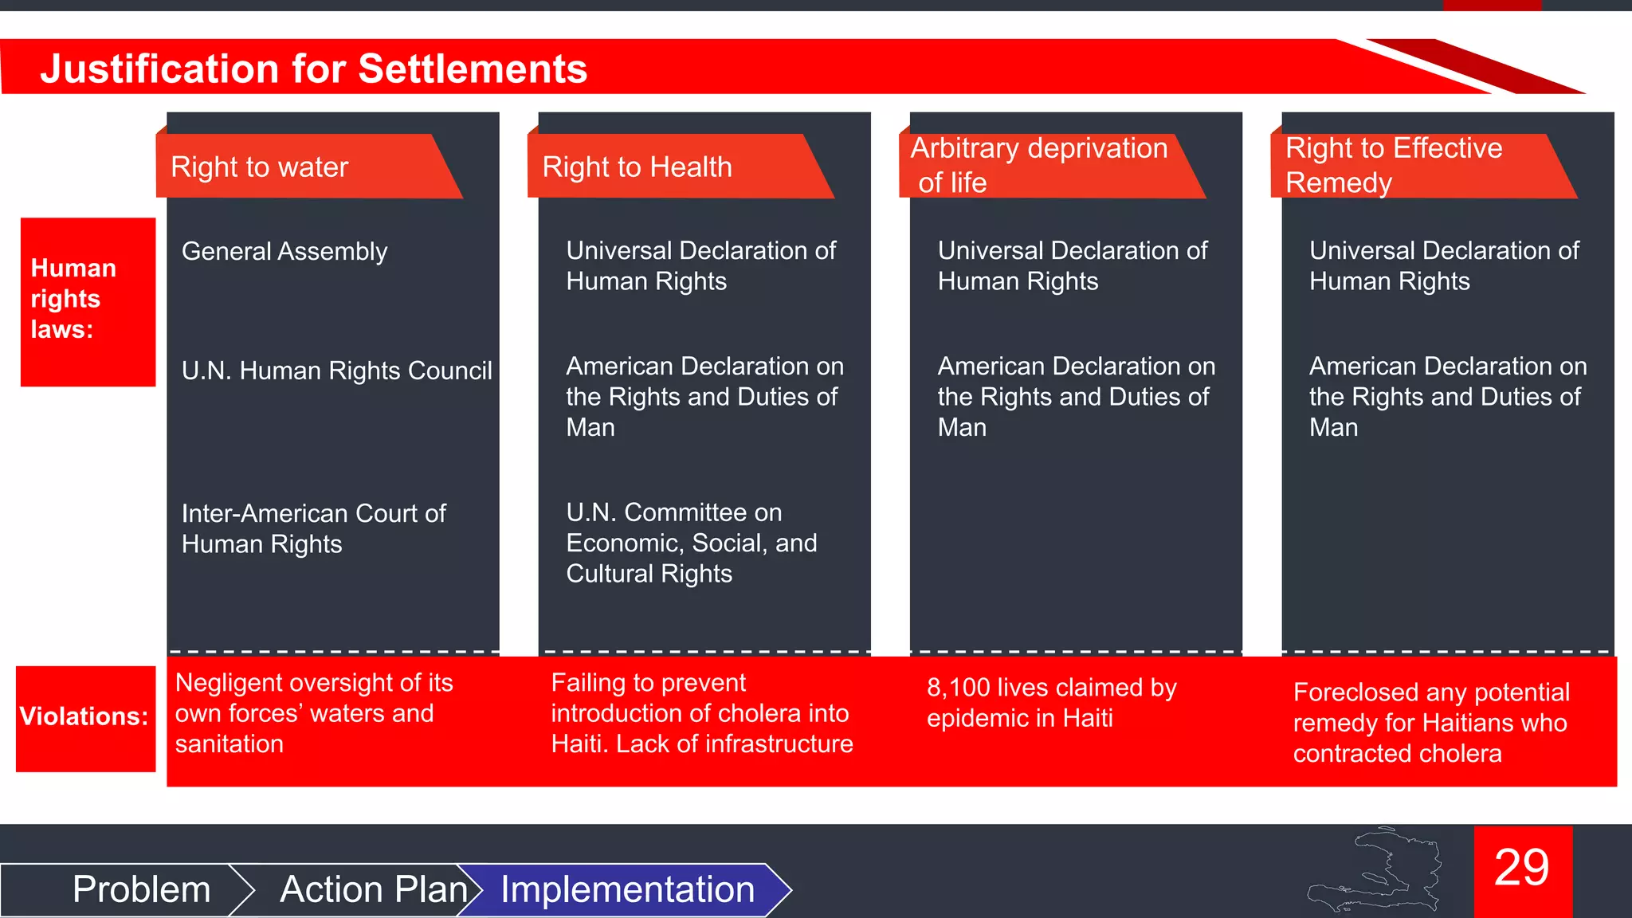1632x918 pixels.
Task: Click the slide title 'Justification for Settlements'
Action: (313, 69)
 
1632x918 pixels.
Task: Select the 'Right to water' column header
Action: (260, 167)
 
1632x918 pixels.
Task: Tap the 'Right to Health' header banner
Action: (637, 167)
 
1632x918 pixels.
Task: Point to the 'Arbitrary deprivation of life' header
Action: (1038, 165)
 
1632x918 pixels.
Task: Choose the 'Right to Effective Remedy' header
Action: (1394, 165)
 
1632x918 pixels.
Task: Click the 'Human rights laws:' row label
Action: (73, 299)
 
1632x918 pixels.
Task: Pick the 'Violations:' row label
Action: (84, 716)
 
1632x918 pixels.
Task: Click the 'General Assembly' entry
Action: (284, 252)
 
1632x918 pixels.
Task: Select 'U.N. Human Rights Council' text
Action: (336, 371)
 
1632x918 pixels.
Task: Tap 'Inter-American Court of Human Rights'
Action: (313, 528)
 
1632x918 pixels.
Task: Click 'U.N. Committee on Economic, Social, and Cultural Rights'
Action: (691, 543)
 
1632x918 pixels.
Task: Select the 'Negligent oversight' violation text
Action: (313, 713)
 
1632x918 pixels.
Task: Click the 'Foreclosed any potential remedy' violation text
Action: (1430, 723)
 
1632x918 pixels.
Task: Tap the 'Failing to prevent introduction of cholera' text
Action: (701, 713)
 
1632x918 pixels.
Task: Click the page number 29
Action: (1521, 868)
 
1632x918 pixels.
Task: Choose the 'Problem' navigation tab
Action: (141, 889)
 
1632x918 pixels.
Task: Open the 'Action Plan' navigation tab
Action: (373, 889)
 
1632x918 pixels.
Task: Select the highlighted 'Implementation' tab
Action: (627, 889)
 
